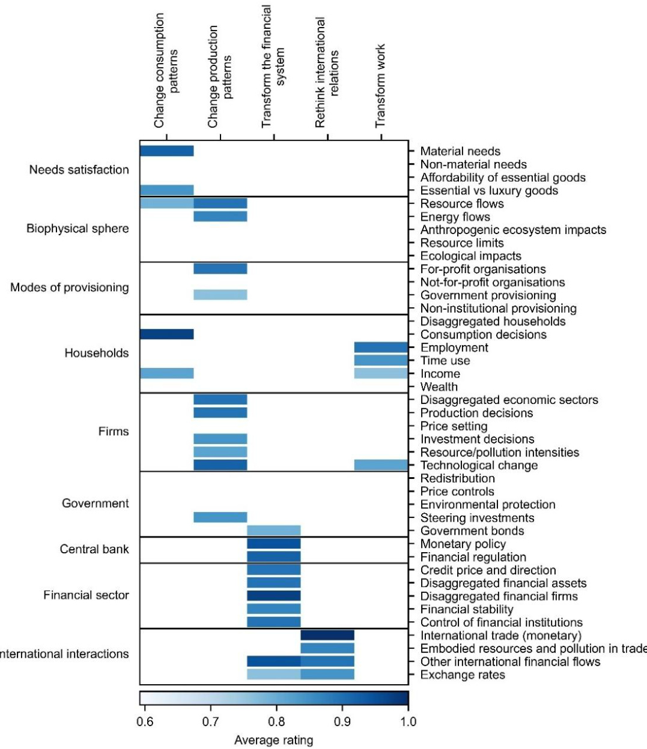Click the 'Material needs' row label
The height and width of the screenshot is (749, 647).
(x=460, y=151)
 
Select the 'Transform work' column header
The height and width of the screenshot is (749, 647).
(x=380, y=86)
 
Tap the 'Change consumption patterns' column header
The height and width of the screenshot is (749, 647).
(x=166, y=71)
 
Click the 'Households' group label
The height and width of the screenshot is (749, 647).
(x=97, y=353)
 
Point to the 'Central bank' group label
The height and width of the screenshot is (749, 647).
(x=94, y=549)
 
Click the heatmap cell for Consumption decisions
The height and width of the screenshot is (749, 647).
(x=166, y=334)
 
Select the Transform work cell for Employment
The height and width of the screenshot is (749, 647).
(x=381, y=347)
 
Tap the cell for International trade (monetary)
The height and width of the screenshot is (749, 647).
(x=327, y=635)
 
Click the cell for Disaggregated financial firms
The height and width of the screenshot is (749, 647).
(x=274, y=596)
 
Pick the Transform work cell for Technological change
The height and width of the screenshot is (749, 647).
(x=381, y=465)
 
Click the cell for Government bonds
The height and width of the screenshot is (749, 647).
(x=274, y=531)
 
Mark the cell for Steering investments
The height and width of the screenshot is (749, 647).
(x=220, y=517)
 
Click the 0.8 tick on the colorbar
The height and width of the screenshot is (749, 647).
(x=276, y=721)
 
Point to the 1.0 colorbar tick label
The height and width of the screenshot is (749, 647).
(x=408, y=721)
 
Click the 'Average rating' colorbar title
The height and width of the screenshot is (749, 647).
(x=273, y=740)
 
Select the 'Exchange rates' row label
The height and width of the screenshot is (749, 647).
(x=463, y=675)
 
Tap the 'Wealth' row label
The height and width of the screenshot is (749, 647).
(x=439, y=387)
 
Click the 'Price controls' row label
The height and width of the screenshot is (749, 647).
(x=457, y=492)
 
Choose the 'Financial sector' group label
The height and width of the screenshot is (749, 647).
(x=86, y=595)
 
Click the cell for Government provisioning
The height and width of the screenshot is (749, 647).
(x=220, y=295)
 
